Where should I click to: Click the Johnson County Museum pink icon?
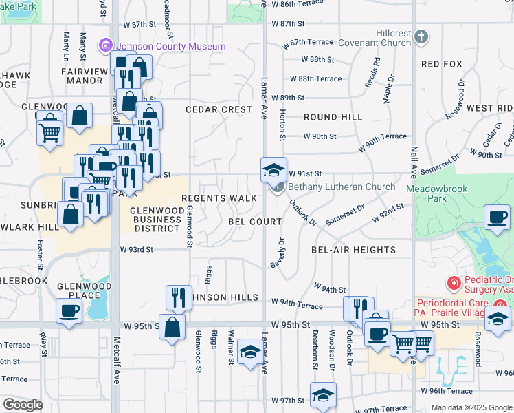click(x=106, y=46)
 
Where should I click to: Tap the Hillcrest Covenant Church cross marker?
click(x=421, y=36)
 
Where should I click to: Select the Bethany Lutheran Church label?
click(x=342, y=187)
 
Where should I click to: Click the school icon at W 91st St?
click(x=273, y=169)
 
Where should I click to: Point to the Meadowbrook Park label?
click(x=436, y=193)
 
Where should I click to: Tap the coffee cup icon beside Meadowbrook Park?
click(x=497, y=217)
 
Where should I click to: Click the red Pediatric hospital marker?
click(x=453, y=283)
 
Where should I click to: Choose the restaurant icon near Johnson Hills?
click(x=179, y=297)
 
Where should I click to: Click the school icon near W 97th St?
click(x=323, y=395)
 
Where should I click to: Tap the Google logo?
click(x=23, y=405)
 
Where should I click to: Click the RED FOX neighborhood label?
click(x=441, y=64)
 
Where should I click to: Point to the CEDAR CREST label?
click(x=219, y=109)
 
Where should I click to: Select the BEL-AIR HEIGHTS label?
click(x=353, y=250)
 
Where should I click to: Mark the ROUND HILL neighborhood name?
click(x=333, y=118)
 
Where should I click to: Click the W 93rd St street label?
click(x=136, y=250)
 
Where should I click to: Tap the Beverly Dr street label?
click(x=278, y=253)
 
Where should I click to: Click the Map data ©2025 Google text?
click(x=471, y=407)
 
